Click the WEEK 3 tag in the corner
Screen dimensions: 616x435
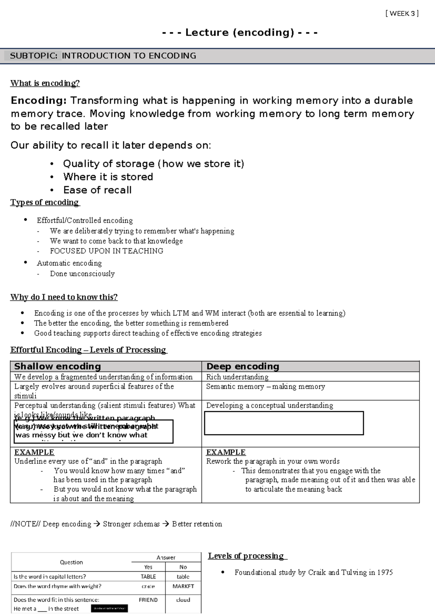[402, 14]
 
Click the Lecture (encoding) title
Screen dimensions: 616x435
[240, 33]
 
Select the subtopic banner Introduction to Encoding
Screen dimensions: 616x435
[103, 56]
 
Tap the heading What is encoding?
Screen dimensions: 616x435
[45, 83]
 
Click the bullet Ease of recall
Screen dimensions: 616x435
[97, 190]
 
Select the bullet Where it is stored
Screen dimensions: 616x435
[108, 177]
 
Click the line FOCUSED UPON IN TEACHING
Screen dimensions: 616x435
[106, 251]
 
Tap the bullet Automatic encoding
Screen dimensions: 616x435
[69, 263]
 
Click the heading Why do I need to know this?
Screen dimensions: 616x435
[64, 297]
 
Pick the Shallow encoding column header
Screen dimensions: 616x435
[57, 366]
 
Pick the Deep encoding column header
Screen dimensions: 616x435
[243, 366]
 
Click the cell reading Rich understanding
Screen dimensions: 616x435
[237, 377]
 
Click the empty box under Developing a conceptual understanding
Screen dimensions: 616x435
[283, 423]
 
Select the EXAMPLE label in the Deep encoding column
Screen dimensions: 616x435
[225, 452]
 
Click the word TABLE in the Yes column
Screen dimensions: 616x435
[148, 576]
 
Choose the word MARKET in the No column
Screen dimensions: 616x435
[183, 586]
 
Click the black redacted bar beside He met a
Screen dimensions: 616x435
[109, 608]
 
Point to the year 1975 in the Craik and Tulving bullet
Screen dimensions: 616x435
[385, 572]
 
